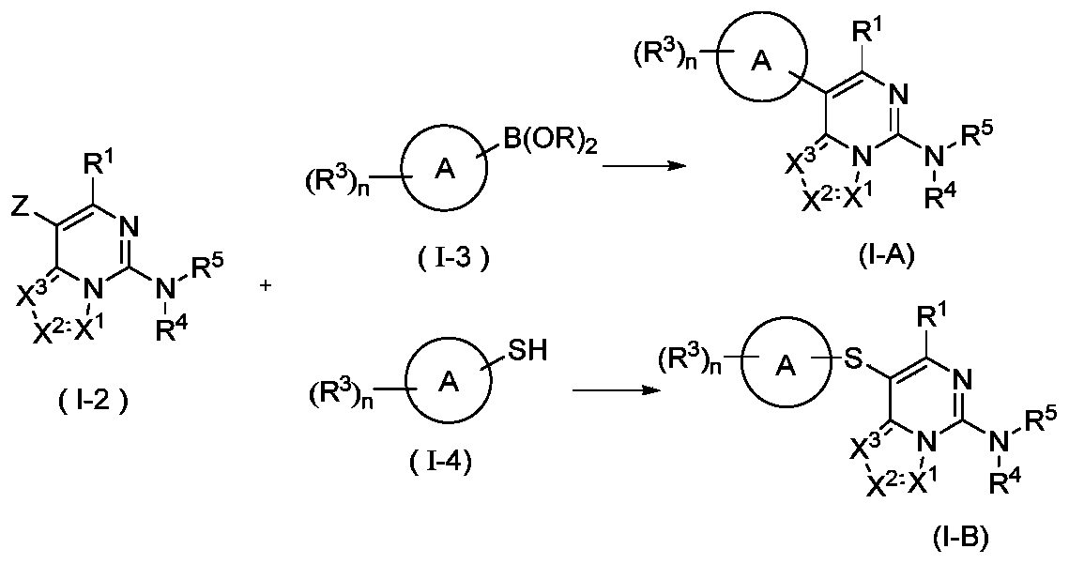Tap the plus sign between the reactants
point(266,286)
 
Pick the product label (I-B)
point(958,540)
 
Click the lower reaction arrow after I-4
point(610,389)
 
